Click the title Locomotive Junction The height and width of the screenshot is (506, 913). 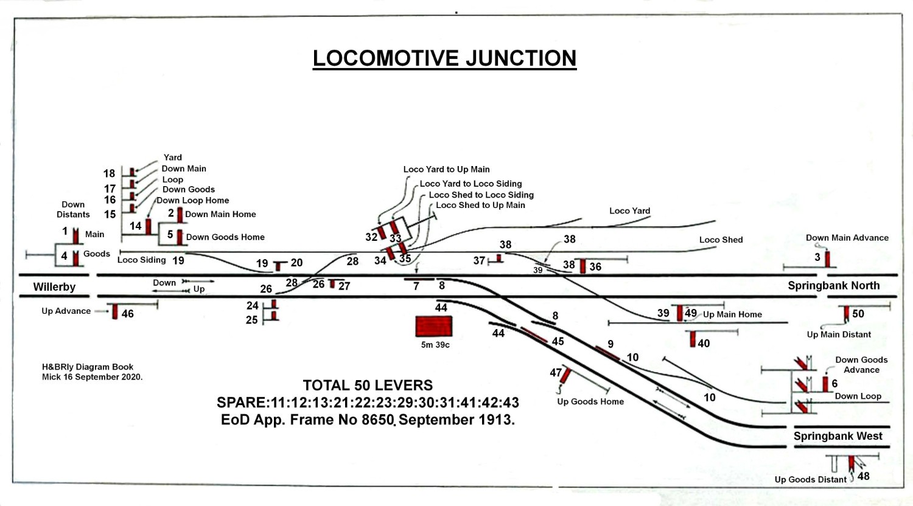click(x=444, y=58)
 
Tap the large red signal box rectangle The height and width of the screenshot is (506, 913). click(x=433, y=327)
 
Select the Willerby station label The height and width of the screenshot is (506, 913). click(x=54, y=287)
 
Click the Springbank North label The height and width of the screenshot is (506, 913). click(x=833, y=286)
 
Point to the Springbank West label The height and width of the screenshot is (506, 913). click(x=838, y=436)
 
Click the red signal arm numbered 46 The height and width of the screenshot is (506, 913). click(x=115, y=311)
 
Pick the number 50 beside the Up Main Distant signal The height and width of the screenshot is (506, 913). click(x=858, y=314)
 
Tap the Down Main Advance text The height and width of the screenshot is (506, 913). click(x=847, y=238)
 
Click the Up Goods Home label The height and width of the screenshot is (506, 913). click(x=590, y=401)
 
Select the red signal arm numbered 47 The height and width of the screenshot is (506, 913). click(x=565, y=376)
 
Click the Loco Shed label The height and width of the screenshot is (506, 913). click(x=721, y=240)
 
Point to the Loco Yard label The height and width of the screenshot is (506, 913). click(x=630, y=210)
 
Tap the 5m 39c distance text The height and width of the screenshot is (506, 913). click(x=435, y=345)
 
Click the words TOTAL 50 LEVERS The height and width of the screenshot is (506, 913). click(x=368, y=385)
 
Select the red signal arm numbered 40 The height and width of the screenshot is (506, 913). click(x=693, y=339)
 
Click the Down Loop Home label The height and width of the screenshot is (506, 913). click(x=192, y=200)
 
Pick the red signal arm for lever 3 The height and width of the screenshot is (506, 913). click(x=827, y=259)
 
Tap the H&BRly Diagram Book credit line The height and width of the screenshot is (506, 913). click(x=88, y=367)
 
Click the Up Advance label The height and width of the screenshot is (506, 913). click(x=66, y=311)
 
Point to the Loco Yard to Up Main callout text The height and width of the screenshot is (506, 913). click(x=446, y=169)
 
